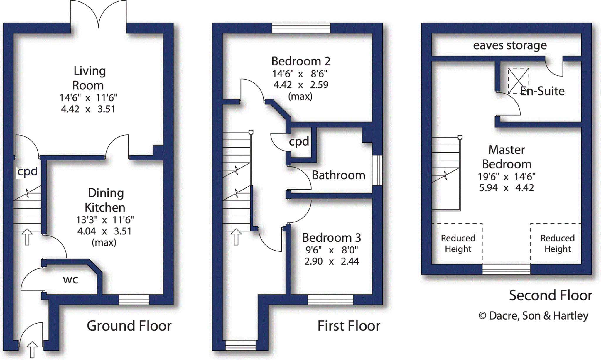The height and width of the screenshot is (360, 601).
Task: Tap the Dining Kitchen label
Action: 105,200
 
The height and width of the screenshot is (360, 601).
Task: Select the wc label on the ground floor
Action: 70,280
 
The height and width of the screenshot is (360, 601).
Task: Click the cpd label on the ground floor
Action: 27,172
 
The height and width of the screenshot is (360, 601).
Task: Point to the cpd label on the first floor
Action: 299,142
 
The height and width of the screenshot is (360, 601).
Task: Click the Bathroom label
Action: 338,175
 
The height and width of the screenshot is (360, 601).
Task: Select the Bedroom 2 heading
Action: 301,61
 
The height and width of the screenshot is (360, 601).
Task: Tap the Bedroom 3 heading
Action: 332,238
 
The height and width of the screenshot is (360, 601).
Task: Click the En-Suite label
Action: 542,91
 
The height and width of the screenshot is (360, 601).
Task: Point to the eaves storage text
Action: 510,45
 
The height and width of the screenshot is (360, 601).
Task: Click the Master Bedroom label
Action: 507,157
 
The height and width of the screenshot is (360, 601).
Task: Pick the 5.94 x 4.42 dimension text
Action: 506,188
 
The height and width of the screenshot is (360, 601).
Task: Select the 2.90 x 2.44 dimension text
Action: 331,261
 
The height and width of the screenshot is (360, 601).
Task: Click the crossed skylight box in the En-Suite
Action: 518,81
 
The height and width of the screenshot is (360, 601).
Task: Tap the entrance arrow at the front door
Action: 32,349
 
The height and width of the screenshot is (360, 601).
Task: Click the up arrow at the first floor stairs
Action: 236,236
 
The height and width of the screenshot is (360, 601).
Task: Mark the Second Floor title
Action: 551,295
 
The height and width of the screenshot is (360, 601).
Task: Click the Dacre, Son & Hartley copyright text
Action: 533,316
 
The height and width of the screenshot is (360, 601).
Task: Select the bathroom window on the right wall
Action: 377,170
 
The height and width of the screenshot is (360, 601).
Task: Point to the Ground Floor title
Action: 129,326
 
